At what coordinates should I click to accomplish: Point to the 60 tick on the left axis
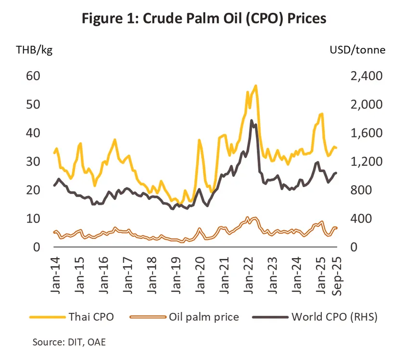point(29,76)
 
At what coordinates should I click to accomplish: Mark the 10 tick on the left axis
point(29,219)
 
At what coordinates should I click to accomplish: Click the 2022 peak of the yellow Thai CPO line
point(256,86)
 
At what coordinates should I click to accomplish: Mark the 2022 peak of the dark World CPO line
point(252,121)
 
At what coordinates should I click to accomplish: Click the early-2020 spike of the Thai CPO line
point(199,140)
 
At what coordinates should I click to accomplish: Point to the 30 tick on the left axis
point(29,161)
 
